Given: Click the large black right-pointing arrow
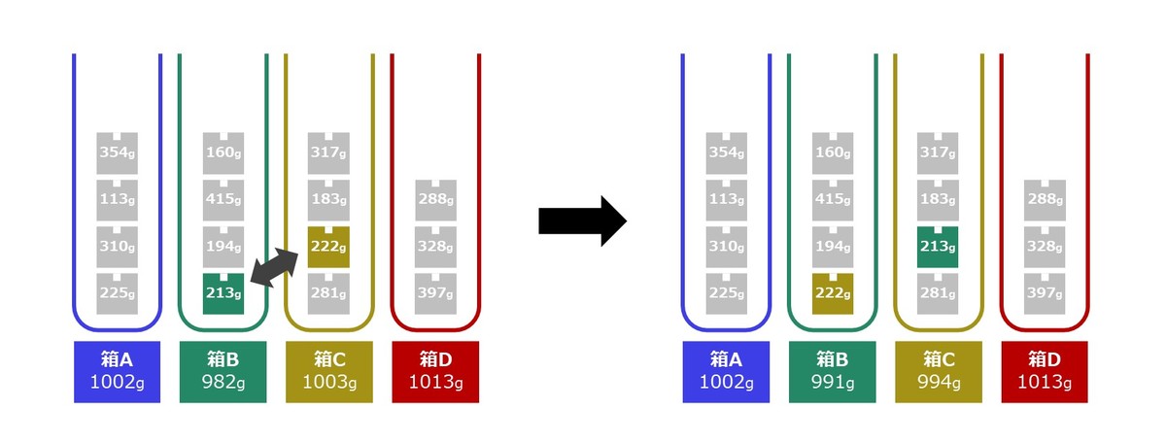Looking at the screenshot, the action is click(582, 220).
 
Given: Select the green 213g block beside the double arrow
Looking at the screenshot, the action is click(223, 293).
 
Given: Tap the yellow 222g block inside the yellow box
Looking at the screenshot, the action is click(328, 247).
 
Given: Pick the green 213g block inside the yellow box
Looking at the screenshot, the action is click(938, 247).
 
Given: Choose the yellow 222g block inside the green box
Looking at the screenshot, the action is click(833, 293).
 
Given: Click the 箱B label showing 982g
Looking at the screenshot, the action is click(223, 372).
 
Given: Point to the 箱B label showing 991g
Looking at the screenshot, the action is click(833, 372).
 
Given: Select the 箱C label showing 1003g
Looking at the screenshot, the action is click(329, 372).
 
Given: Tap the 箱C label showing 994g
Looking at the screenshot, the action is click(939, 372).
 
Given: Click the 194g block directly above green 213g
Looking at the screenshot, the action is click(223, 247).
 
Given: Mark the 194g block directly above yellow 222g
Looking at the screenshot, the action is click(833, 247).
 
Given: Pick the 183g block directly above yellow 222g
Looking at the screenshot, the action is click(328, 200).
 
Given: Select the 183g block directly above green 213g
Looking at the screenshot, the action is click(938, 200).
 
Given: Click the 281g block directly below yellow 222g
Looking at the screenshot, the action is click(328, 293).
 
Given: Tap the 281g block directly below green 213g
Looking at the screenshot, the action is click(938, 293).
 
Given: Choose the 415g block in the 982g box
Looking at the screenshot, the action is click(223, 200).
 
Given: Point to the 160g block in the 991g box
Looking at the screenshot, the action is click(833, 153).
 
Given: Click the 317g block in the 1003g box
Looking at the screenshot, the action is click(328, 153).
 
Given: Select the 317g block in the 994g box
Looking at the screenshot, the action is click(938, 153).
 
